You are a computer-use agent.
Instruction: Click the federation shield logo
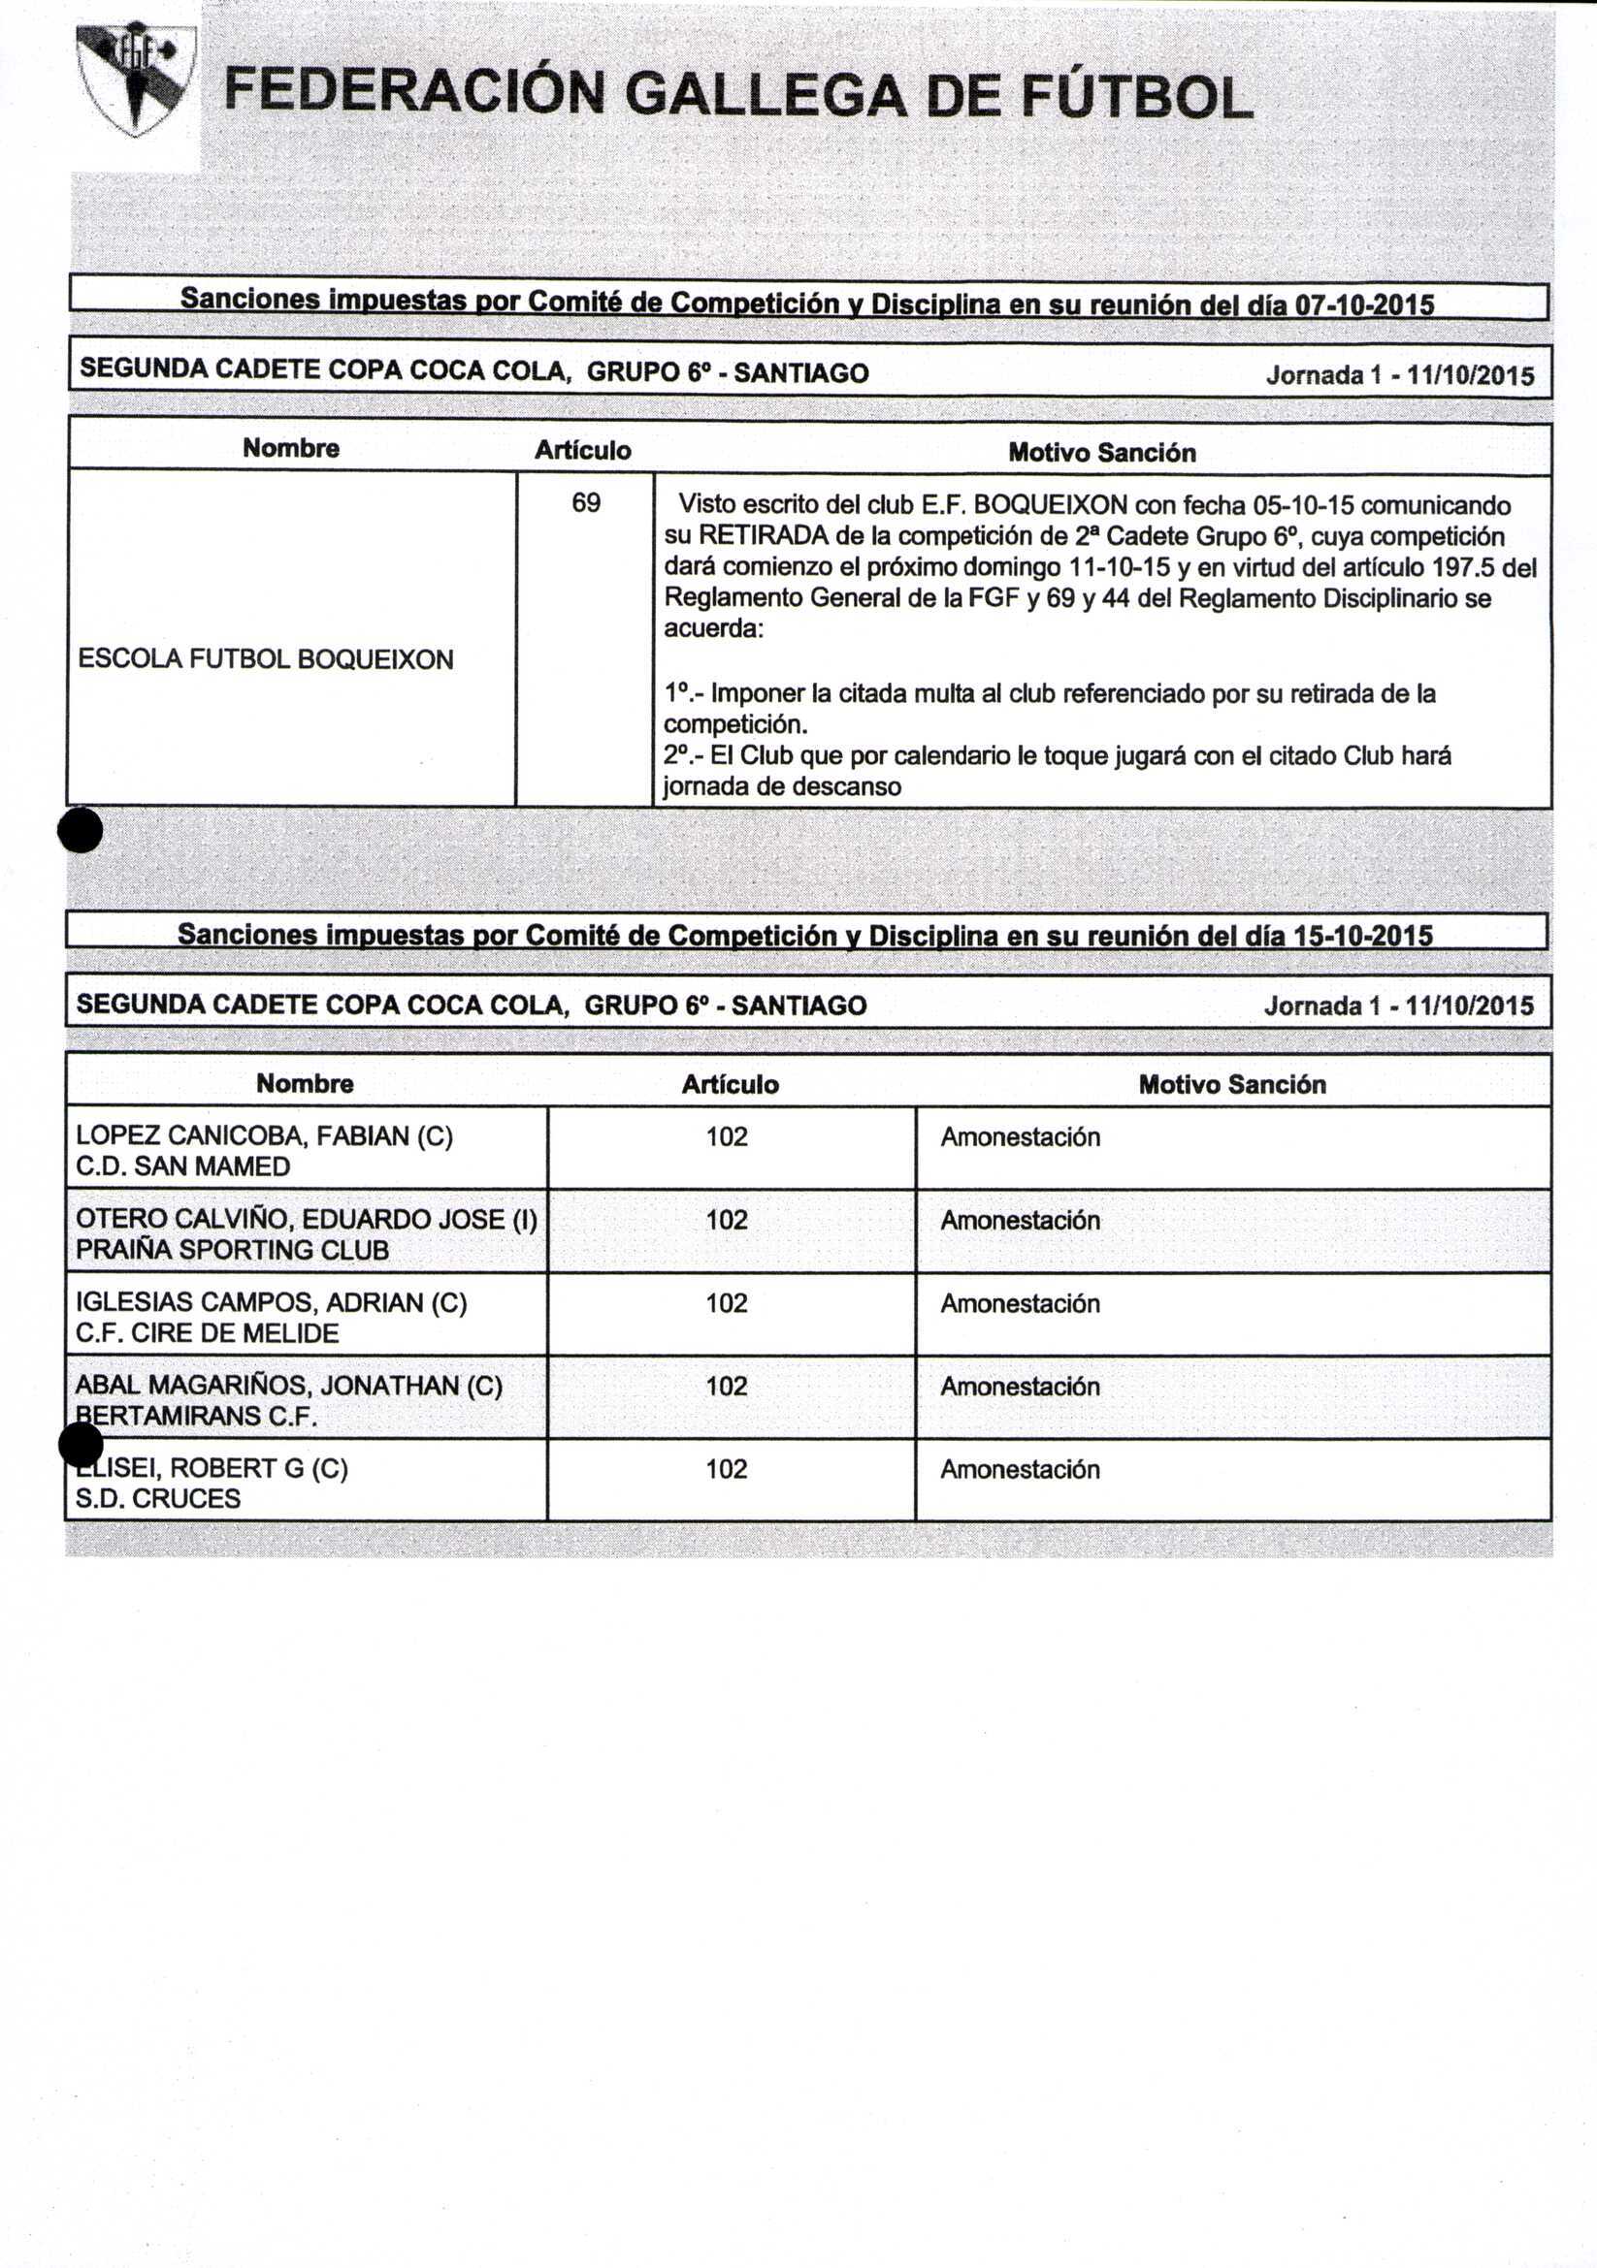136,79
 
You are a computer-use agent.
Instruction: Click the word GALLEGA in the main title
765,96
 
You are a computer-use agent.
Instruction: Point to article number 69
586,504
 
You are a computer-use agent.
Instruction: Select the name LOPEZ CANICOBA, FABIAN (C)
264,1136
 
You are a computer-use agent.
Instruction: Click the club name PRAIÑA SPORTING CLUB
232,1250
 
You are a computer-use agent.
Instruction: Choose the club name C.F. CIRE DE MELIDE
208,1332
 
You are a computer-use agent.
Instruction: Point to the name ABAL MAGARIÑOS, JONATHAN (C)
288,1386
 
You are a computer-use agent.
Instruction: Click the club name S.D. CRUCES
158,1498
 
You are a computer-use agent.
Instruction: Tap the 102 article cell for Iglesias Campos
727,1303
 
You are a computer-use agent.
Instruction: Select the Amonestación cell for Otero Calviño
1020,1220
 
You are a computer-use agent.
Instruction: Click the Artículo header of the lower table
730,1085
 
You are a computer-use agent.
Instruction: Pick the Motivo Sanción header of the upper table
1102,453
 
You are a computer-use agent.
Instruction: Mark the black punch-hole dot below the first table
81,830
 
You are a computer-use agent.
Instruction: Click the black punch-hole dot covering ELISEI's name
81,1446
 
